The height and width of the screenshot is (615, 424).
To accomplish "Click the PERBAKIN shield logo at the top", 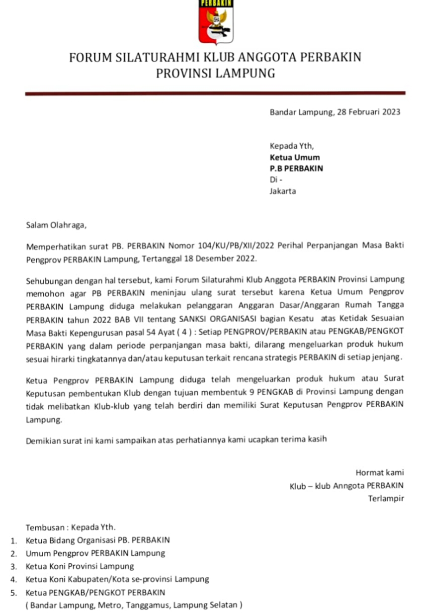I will pyautogui.click(x=215, y=22).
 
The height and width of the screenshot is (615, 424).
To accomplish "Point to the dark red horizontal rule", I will pyautogui.click(x=215, y=93).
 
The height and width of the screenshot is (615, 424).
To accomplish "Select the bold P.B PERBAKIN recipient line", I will pyautogui.click(x=296, y=169).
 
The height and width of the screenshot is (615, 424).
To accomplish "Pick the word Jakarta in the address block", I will pyautogui.click(x=283, y=191).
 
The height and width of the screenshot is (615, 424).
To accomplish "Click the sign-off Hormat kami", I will pyautogui.click(x=379, y=472).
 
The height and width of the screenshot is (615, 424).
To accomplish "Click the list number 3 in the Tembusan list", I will pyautogui.click(x=14, y=566).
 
